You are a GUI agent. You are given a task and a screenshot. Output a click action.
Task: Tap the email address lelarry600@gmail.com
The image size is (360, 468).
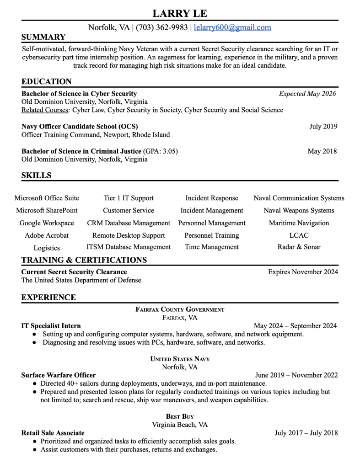232,27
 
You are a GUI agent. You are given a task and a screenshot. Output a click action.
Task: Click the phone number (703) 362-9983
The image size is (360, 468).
161,27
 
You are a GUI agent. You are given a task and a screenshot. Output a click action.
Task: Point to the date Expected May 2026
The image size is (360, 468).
307,94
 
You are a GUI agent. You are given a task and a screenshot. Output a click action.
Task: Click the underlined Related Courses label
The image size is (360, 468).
45,110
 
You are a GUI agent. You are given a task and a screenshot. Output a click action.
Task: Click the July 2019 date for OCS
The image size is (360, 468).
323,127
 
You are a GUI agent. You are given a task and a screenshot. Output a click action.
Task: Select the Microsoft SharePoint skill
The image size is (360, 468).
47,211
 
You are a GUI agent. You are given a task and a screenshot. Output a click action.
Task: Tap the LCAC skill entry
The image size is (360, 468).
299,235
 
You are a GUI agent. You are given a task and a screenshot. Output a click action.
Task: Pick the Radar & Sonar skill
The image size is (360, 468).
299,247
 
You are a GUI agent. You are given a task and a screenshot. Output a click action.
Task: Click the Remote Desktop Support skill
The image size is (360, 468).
129,235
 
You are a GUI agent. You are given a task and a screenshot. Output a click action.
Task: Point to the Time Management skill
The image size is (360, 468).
212,247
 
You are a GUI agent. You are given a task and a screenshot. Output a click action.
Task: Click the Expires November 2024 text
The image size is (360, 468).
303,272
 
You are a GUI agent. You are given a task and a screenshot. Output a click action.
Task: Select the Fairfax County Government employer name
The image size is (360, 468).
180,309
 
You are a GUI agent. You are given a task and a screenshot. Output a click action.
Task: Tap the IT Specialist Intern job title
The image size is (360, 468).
51,326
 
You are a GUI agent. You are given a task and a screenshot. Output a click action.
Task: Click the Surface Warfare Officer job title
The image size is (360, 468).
59,375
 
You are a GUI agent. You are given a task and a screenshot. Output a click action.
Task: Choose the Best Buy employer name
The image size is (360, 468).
180,416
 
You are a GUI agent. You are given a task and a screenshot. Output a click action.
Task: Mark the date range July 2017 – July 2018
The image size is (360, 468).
306,433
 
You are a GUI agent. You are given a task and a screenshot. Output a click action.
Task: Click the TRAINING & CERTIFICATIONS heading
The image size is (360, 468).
84,261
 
